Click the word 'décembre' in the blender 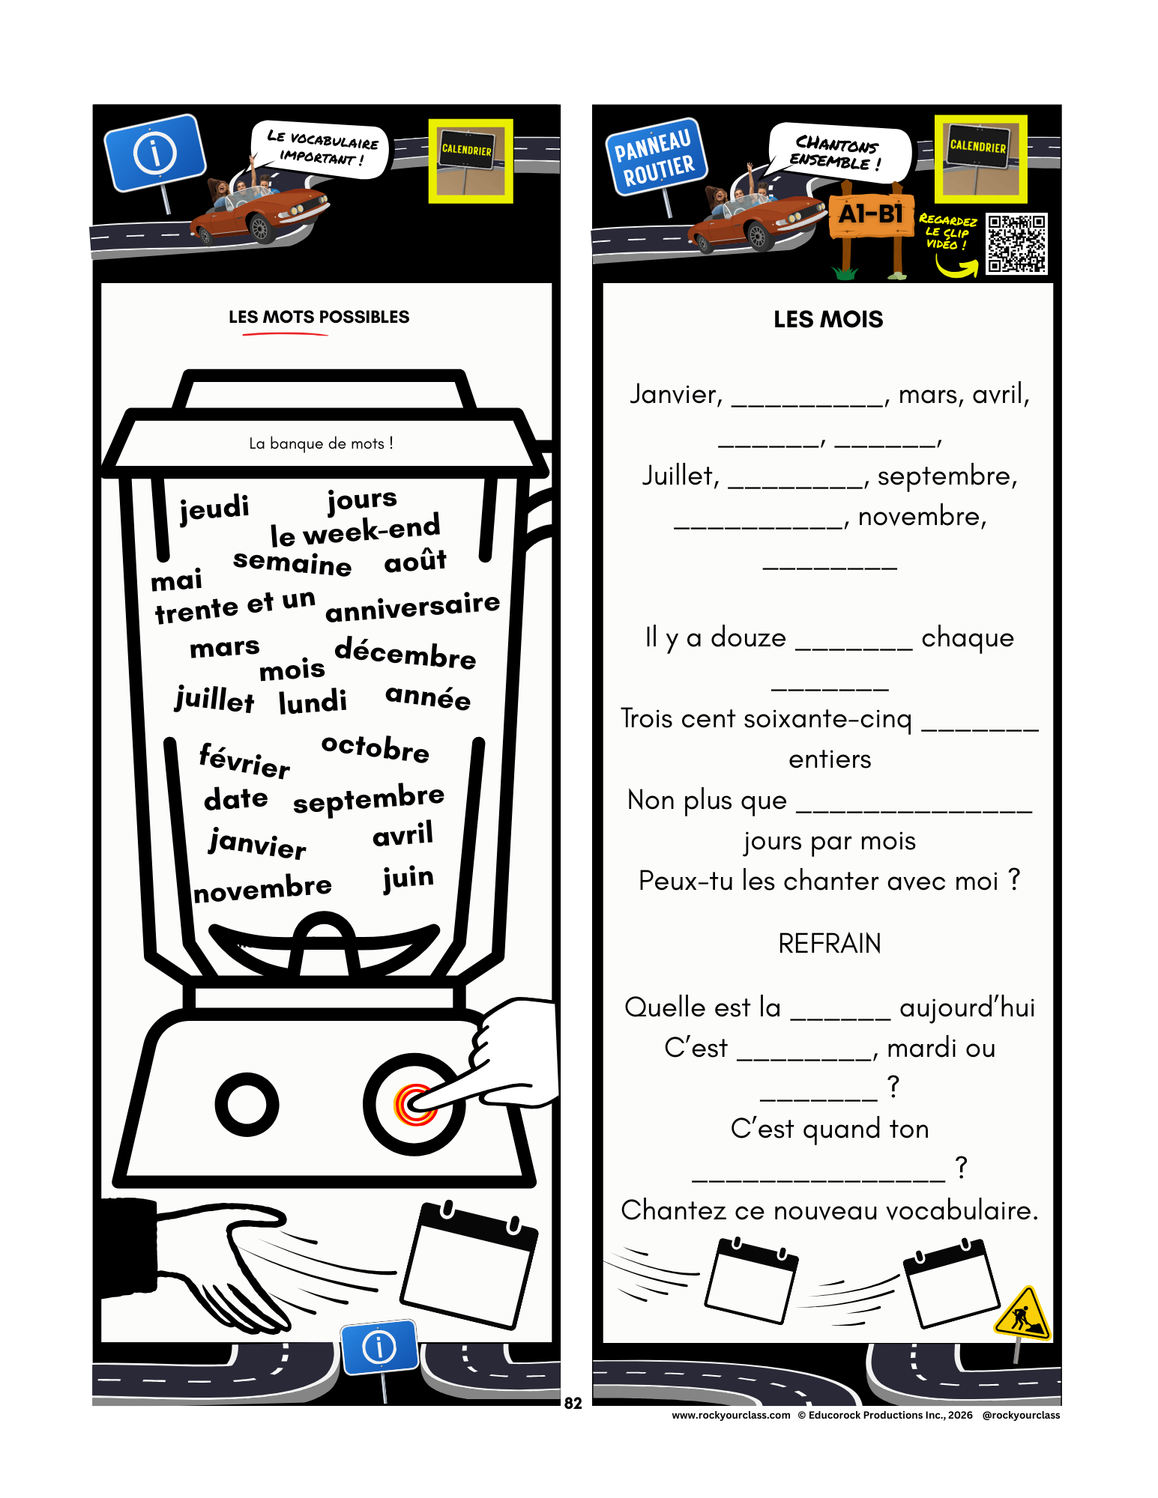405,652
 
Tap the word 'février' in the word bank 244,759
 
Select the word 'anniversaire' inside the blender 413,607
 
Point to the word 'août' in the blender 415,560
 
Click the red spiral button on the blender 414,1105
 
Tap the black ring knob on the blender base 247,1104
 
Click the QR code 1016,243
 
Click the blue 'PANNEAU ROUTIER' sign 655,157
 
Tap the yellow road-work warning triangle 1024,1314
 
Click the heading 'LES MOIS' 828,320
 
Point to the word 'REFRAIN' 830,944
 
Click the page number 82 573,1404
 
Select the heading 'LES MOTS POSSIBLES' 319,317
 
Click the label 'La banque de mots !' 321,443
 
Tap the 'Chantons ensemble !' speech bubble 839,152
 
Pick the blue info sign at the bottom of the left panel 379,1347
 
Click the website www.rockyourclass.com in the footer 731,1415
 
